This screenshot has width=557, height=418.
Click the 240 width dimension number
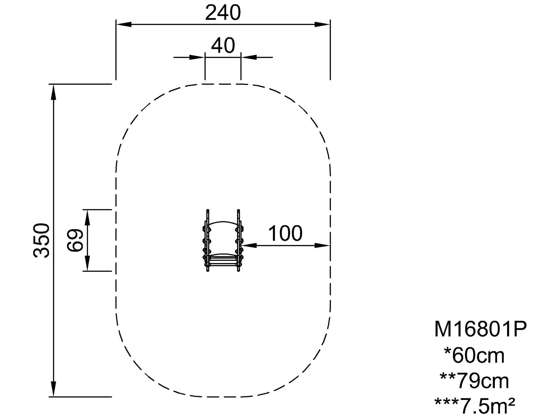[x=223, y=13]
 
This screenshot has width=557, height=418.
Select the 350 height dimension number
[x=42, y=240]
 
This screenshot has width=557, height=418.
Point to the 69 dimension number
[x=75, y=240]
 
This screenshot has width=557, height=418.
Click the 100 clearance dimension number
[x=285, y=233]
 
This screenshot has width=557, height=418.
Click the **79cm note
[x=474, y=381]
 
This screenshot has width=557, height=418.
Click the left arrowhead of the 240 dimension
[x=124, y=24]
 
